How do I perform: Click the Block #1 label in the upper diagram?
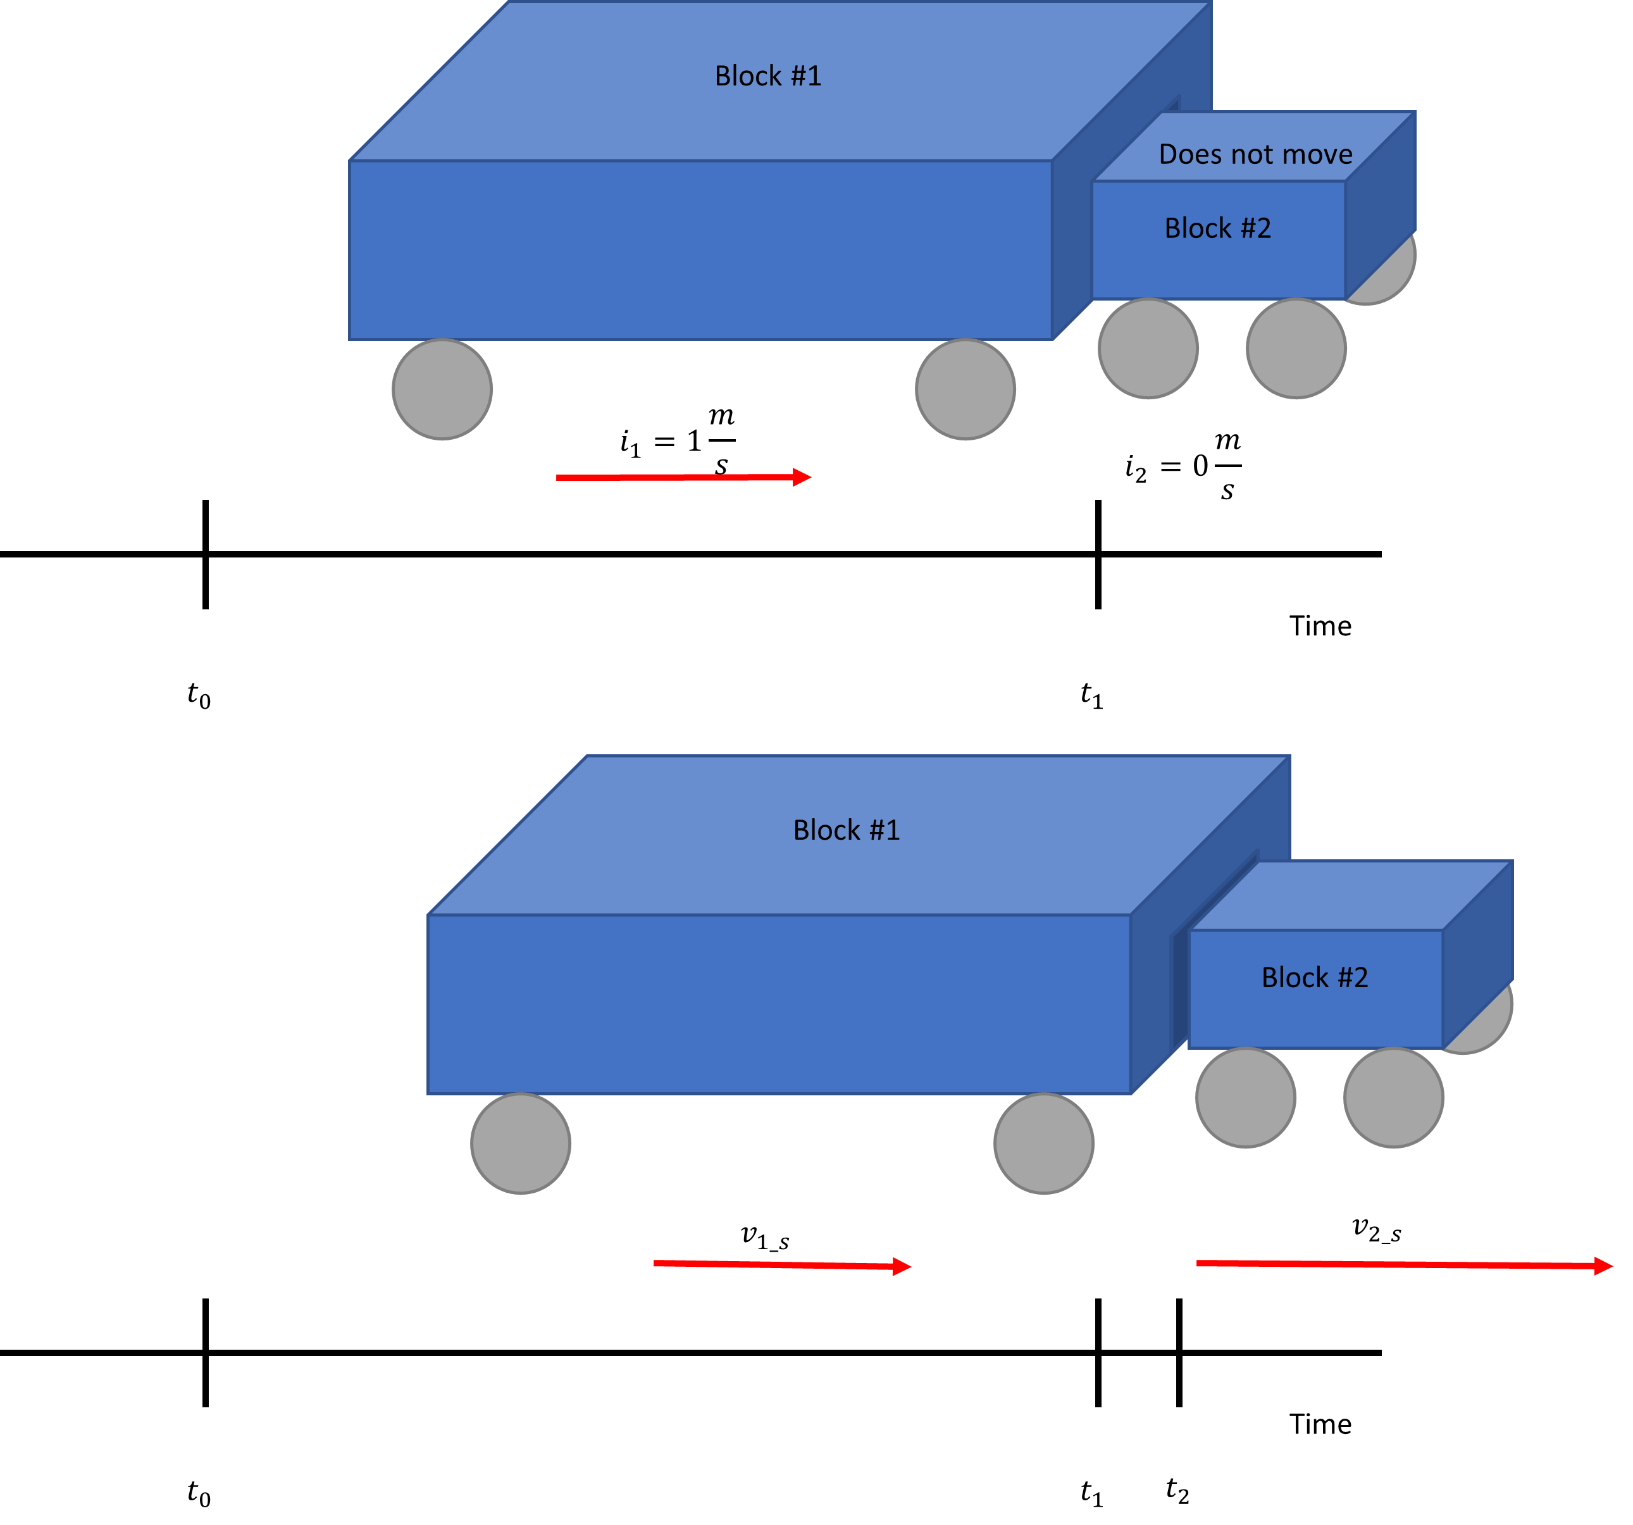(x=767, y=75)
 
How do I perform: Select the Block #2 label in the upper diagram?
(x=1217, y=228)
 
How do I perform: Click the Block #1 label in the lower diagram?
(x=846, y=830)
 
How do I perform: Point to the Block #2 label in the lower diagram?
(x=1314, y=978)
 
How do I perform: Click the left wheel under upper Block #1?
(x=442, y=389)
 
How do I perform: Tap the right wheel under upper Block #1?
(x=965, y=389)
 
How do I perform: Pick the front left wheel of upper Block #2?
(x=1148, y=349)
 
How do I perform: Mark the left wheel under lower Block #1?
(x=520, y=1144)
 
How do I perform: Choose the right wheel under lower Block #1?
(x=1043, y=1144)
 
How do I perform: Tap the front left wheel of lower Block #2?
(x=1245, y=1098)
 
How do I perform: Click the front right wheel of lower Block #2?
(x=1393, y=1098)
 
